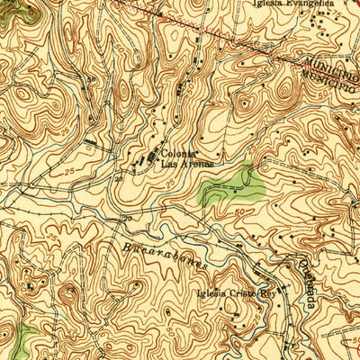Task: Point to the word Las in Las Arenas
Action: [x=167, y=164]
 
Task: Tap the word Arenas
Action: [x=186, y=164]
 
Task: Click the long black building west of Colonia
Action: [x=96, y=142]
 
